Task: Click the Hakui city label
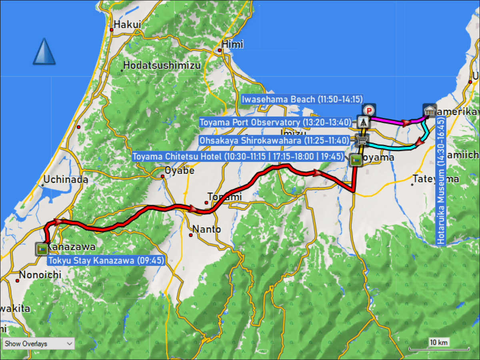pyautogui.click(x=127, y=25)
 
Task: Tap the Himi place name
pyautogui.click(x=233, y=44)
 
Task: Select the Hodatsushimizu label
pyautogui.click(x=162, y=66)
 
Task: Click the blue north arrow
pyautogui.click(x=44, y=52)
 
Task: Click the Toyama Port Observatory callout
pyautogui.click(x=275, y=122)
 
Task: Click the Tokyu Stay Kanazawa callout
pyautogui.click(x=106, y=261)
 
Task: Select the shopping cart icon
pyautogui.click(x=362, y=140)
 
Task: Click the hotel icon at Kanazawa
pyautogui.click(x=41, y=249)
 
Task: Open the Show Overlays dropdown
pyautogui.click(x=38, y=344)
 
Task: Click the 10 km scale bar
pyautogui.click(x=438, y=348)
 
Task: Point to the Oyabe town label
pyautogui.click(x=180, y=171)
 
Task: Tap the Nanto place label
pyautogui.click(x=206, y=230)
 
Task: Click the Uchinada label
pyautogui.click(x=66, y=180)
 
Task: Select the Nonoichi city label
pyautogui.click(x=40, y=275)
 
